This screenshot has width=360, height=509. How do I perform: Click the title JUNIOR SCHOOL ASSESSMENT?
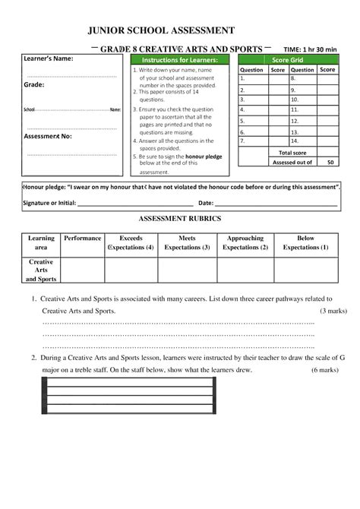point(161,30)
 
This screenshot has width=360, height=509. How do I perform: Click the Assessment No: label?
point(47,137)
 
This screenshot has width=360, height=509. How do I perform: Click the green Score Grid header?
point(287,59)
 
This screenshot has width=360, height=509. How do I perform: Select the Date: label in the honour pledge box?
point(205,204)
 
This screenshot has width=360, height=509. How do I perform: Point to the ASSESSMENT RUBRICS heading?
point(179,218)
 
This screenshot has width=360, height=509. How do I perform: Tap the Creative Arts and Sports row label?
point(40,270)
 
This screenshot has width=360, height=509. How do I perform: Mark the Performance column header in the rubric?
point(82,238)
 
